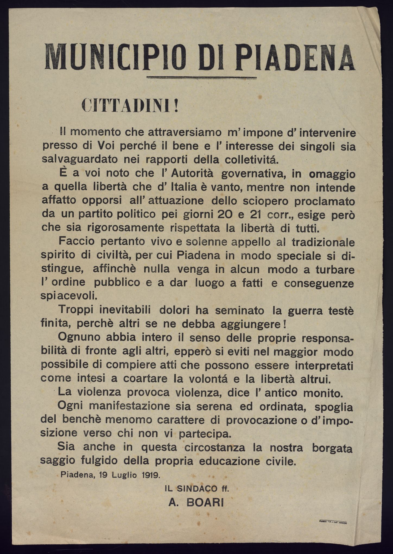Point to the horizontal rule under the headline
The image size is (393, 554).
pos(201,78)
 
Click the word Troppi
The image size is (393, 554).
pos(75,310)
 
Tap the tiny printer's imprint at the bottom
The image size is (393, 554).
pos(334,521)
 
